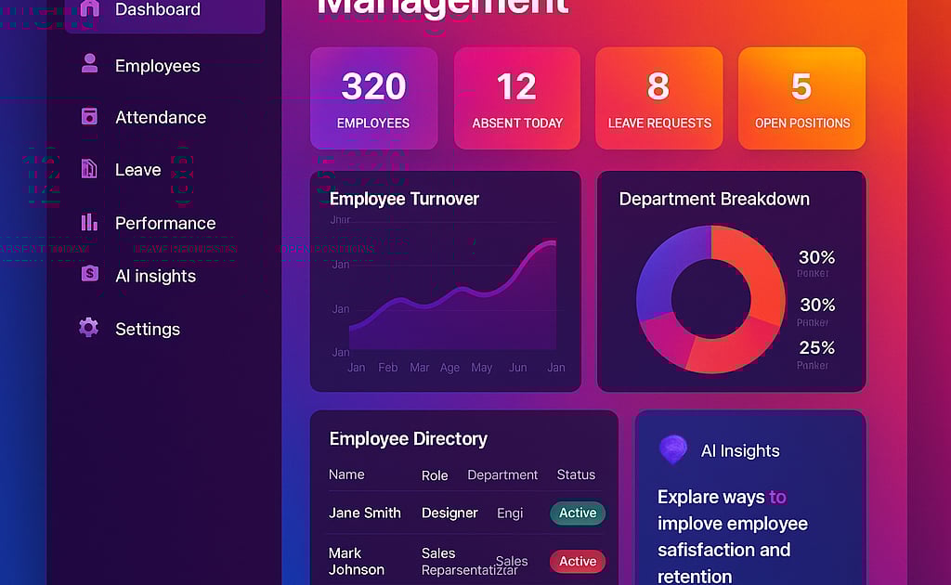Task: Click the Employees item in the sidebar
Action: coord(157,66)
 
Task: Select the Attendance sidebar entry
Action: coord(160,117)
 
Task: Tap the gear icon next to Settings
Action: coord(89,327)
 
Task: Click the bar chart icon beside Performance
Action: coord(89,222)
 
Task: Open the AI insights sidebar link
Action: coord(154,276)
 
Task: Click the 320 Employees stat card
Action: coord(373,98)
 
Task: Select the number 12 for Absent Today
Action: coord(516,87)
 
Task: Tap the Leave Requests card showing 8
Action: coord(658,98)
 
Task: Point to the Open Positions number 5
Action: coord(801,87)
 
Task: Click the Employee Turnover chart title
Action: coord(404,199)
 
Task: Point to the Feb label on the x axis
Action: coord(388,368)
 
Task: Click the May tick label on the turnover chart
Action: coord(481,368)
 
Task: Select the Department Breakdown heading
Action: coord(714,199)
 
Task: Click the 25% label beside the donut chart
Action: coord(816,347)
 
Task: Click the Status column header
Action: coord(576,474)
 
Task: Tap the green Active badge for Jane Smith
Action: coord(577,513)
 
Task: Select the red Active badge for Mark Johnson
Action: coord(577,562)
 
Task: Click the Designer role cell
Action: coord(449,513)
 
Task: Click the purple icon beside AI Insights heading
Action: coord(673,449)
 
